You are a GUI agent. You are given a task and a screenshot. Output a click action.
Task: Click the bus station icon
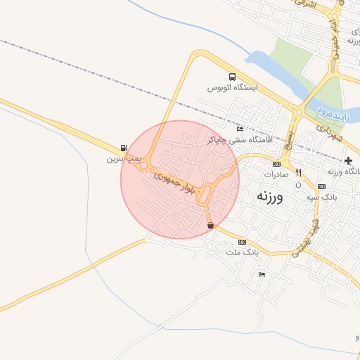[x=232, y=77]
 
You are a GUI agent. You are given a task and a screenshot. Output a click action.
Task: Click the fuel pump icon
[x=124, y=148]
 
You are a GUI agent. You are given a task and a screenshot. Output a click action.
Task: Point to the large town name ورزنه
[x=270, y=196]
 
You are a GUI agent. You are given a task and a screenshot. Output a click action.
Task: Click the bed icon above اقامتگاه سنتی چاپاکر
[x=240, y=129]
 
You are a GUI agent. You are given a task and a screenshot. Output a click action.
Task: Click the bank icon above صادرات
[x=276, y=163]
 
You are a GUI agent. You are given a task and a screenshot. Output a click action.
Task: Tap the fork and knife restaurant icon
[x=298, y=172]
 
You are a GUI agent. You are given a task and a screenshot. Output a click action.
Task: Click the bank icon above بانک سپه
[x=322, y=186]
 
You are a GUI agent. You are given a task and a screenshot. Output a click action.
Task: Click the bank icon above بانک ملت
[x=243, y=241]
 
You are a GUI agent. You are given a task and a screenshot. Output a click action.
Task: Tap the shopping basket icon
[x=211, y=226]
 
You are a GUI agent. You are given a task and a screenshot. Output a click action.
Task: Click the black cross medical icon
[x=349, y=161]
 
